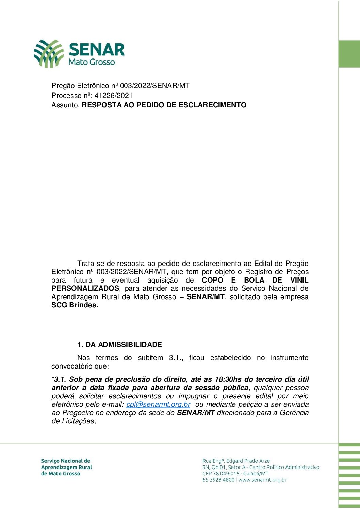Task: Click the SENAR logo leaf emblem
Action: pyautogui.click(x=49, y=53)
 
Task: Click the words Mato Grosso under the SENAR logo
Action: pyautogui.click(x=92, y=62)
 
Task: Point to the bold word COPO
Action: pyautogui.click(x=213, y=280)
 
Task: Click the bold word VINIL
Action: pyautogui.click(x=299, y=280)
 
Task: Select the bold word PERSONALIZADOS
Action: pyautogui.click(x=85, y=288)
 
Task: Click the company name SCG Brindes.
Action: pyautogui.click(x=75, y=305)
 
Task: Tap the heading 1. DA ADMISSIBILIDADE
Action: pyautogui.click(x=119, y=345)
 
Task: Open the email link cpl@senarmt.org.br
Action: pyautogui.click(x=158, y=404)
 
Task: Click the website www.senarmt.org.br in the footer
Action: pyautogui.click(x=262, y=480)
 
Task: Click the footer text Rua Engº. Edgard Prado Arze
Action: pyautogui.click(x=236, y=461)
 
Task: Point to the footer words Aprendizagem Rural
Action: pyautogui.click(x=66, y=467)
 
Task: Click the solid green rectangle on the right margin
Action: pyautogui.click(x=349, y=54)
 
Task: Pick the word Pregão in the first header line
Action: pyautogui.click(x=63, y=86)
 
